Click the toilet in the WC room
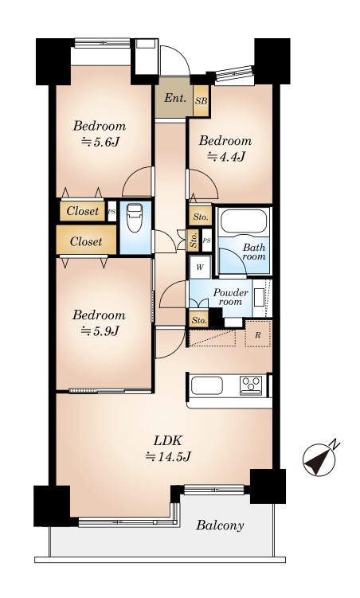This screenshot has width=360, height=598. click(x=135, y=217)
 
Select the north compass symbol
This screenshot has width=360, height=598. click(x=319, y=459)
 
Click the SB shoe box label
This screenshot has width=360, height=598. click(x=201, y=101)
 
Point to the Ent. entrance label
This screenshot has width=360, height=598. click(x=175, y=98)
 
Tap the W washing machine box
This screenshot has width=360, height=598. click(x=200, y=267)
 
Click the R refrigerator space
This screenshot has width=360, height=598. click(x=258, y=335)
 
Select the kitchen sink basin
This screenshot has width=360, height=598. click(x=207, y=385)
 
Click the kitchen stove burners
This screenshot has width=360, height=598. click(x=251, y=385)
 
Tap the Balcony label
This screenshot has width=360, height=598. click(x=220, y=526)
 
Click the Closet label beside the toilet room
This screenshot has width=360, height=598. click(x=82, y=211)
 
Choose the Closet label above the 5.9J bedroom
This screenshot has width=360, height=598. click(x=86, y=241)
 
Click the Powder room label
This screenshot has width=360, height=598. click(x=230, y=297)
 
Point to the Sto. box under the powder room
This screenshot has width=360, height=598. click(x=199, y=320)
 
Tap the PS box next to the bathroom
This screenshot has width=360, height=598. click(x=207, y=240)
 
